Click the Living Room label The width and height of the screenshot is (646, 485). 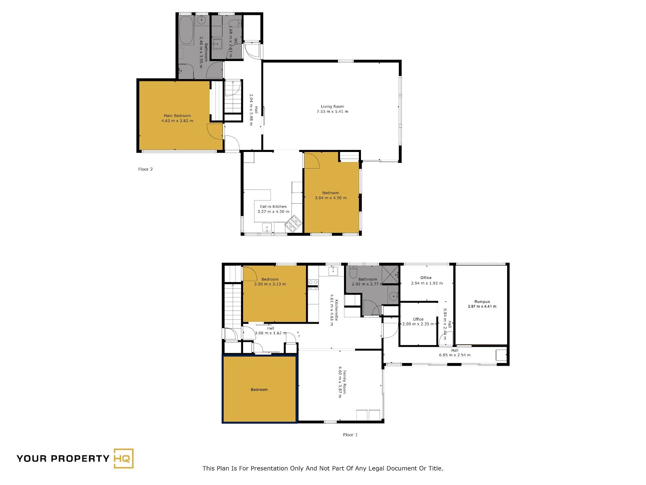(332, 107)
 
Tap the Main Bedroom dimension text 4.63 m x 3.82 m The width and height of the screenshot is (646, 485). (177, 121)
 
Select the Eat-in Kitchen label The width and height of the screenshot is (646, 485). (273, 207)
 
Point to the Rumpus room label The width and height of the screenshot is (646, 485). (482, 302)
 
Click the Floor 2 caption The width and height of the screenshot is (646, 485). (145, 169)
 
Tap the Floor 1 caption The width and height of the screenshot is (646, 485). (350, 434)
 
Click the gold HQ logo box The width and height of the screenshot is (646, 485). (124, 458)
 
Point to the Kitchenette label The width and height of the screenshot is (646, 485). (336, 310)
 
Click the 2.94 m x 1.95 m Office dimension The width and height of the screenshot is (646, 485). (427, 283)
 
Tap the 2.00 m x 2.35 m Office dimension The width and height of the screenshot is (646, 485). (418, 324)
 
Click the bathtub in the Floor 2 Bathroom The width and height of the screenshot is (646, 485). (186, 30)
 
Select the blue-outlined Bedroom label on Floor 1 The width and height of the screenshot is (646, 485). (259, 390)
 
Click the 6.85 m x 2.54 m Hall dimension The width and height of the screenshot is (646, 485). (455, 355)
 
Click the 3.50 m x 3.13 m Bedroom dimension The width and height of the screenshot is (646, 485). (270, 284)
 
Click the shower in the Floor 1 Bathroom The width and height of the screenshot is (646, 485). (390, 274)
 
